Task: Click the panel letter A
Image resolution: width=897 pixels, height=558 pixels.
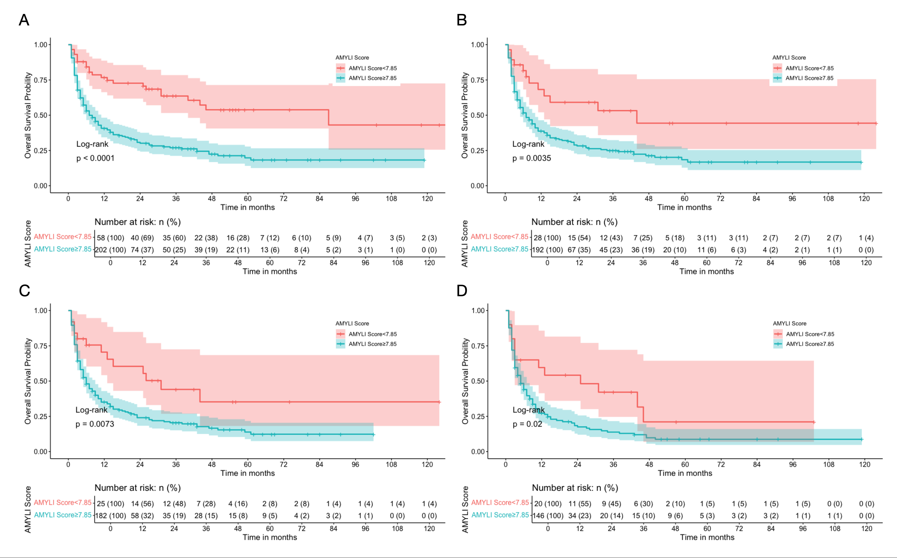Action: (x=24, y=20)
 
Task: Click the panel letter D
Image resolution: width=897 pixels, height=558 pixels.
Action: (x=462, y=291)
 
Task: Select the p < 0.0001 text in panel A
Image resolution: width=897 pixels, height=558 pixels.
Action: (x=95, y=158)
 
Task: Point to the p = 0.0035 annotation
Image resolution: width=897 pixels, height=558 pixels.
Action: (x=531, y=158)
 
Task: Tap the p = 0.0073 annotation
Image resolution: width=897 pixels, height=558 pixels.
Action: (x=95, y=424)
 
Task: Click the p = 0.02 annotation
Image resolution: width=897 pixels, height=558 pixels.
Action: (x=527, y=424)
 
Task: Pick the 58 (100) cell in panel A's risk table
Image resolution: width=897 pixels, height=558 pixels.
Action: (x=110, y=238)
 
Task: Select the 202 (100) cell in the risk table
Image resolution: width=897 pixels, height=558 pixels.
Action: (x=110, y=250)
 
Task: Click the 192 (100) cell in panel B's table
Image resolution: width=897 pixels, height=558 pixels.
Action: (x=547, y=250)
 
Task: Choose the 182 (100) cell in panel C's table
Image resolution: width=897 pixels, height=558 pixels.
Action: (x=110, y=516)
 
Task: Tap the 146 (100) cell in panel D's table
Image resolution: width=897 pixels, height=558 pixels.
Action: (x=548, y=516)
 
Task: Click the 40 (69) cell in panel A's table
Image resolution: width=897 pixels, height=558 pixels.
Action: (x=142, y=238)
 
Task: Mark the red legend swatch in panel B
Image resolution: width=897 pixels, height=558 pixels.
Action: (x=777, y=68)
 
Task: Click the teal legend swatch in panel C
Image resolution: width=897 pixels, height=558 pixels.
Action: (x=340, y=344)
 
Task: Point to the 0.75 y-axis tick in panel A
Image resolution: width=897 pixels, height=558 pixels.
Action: (x=40, y=80)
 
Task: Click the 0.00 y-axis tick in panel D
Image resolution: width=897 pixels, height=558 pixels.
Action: (x=478, y=452)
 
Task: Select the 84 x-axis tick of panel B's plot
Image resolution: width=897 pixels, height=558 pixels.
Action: (x=756, y=199)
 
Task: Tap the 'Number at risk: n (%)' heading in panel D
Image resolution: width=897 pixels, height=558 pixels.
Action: (x=575, y=488)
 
